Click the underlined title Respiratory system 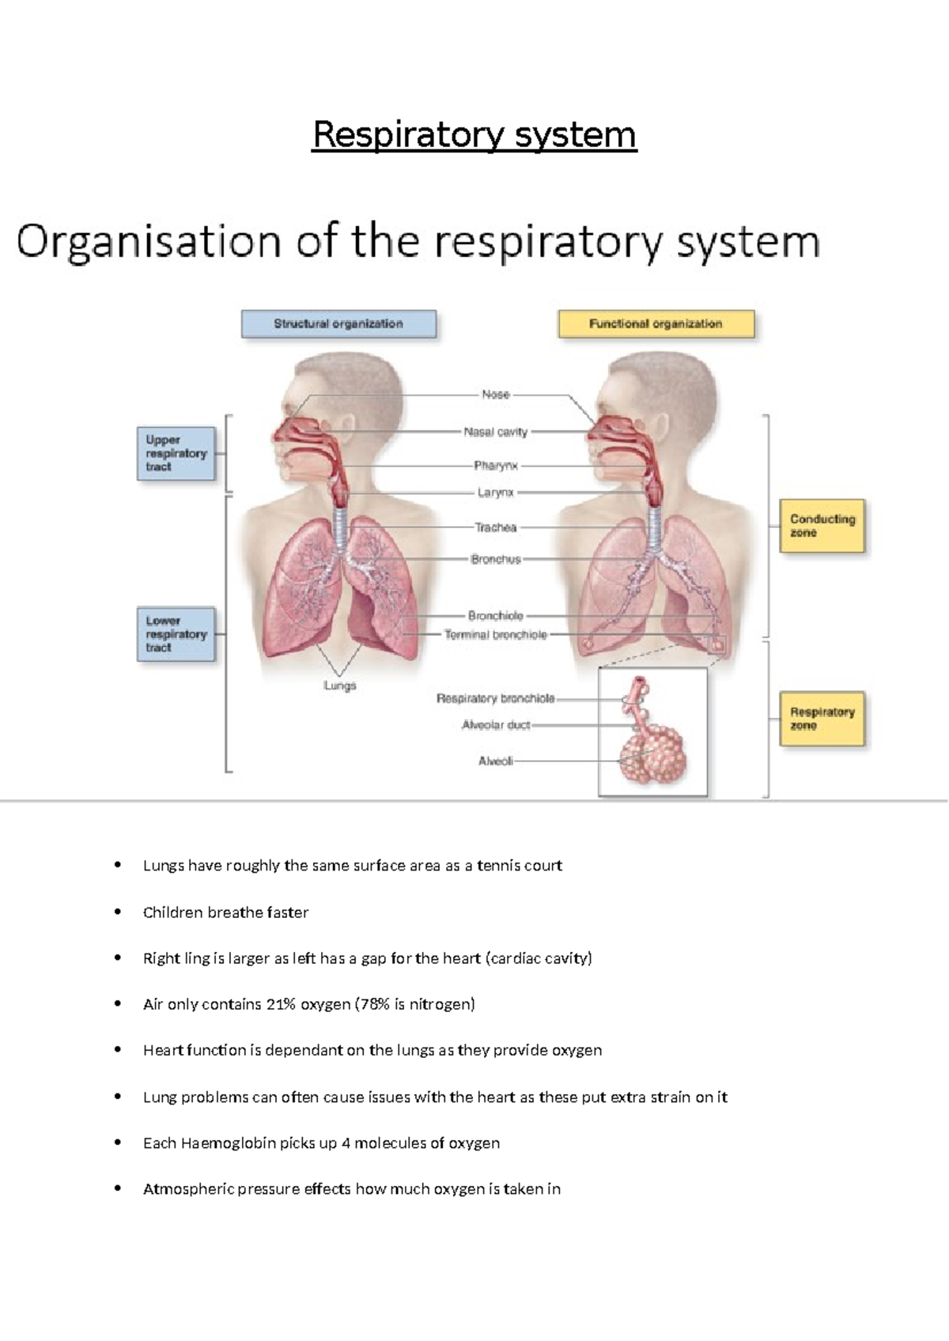click(x=475, y=134)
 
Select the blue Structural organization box click(x=338, y=324)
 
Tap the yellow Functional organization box click(x=656, y=324)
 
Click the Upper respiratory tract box click(x=176, y=454)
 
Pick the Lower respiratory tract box click(x=176, y=634)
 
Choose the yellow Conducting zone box click(x=822, y=526)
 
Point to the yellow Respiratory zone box click(x=822, y=719)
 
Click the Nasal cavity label click(x=495, y=432)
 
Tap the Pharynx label click(x=496, y=466)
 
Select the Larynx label click(x=496, y=493)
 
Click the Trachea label click(x=496, y=527)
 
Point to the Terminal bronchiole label click(x=495, y=635)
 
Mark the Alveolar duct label click(x=496, y=725)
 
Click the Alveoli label click(x=496, y=761)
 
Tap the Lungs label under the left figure click(x=340, y=686)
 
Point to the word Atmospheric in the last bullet click(x=184, y=1189)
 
